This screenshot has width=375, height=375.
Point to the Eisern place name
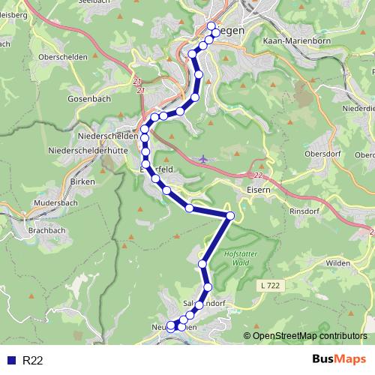click(248, 190)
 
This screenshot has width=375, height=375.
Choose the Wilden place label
click(338, 262)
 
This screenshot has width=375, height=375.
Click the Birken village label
click(79, 181)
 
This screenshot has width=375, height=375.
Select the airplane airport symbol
click(204, 158)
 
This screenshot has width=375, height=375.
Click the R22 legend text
click(33, 361)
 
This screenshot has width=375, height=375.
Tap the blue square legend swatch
click(10, 361)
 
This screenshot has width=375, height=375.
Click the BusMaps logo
click(338, 360)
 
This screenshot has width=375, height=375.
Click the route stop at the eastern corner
click(230, 216)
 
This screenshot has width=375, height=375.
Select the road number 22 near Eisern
click(258, 175)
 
